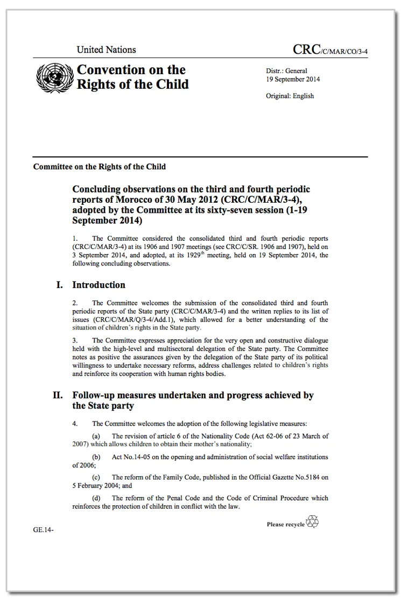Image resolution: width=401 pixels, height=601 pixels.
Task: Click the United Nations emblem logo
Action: (x=53, y=77)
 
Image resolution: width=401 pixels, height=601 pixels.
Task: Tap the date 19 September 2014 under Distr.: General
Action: (x=293, y=80)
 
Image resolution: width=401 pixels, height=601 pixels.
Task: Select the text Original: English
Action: (x=290, y=96)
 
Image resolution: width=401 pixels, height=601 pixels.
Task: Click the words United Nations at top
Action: (x=106, y=50)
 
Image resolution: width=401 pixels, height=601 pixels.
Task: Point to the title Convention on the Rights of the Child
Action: (x=132, y=77)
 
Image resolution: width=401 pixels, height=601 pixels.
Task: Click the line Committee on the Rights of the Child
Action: (x=99, y=167)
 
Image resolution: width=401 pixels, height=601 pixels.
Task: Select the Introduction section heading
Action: (x=99, y=285)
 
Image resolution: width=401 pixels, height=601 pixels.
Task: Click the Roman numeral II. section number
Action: (x=58, y=396)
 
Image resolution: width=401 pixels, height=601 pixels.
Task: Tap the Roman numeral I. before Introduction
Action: (x=60, y=285)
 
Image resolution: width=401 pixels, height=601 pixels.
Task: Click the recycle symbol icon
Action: (x=312, y=521)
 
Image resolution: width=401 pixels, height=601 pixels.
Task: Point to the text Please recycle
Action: (x=285, y=525)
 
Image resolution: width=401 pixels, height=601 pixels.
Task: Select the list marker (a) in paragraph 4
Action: (x=96, y=436)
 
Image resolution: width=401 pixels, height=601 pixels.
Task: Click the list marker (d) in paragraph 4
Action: (x=96, y=498)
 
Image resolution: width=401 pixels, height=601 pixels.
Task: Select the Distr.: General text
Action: (x=286, y=71)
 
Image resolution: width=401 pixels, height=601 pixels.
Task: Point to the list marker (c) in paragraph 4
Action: (x=96, y=477)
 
